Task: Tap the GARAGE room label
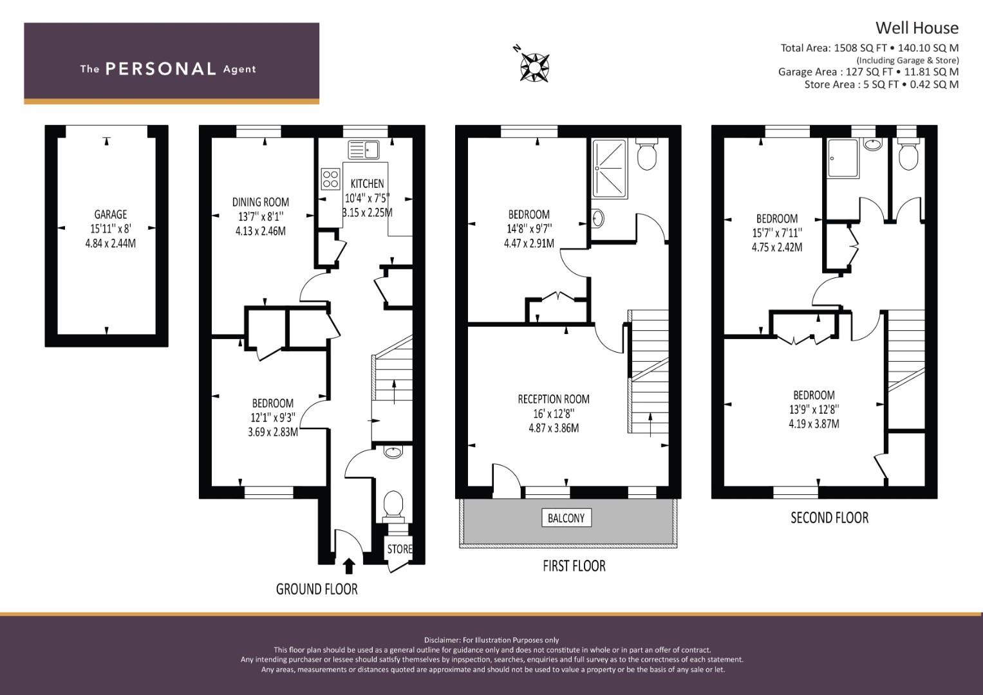tap(110, 214)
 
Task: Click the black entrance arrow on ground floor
tap(349, 566)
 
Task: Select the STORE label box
tap(399, 549)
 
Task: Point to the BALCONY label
tap(566, 518)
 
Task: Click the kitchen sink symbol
tap(364, 150)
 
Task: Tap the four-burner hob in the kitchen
tap(330, 178)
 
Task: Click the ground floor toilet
tap(393, 503)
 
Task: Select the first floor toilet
tap(645, 155)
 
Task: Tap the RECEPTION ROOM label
tap(553, 399)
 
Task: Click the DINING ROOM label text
tap(261, 202)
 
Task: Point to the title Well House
tap(916, 28)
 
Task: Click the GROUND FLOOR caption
tap(316, 589)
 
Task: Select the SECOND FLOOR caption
tap(829, 517)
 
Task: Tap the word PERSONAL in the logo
tap(160, 69)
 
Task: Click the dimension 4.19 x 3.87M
tap(814, 423)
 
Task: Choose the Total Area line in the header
tap(869, 48)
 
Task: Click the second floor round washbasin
tap(872, 144)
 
